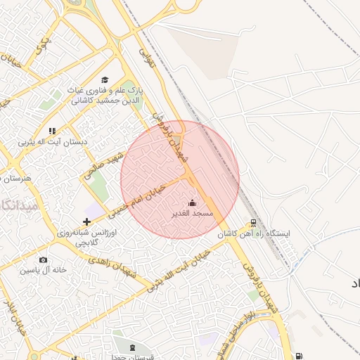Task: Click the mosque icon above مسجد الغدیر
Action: coord(193,203)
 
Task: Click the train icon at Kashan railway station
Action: coord(253,224)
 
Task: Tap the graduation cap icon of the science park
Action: coord(105,80)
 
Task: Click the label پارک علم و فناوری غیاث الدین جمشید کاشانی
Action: coord(105,96)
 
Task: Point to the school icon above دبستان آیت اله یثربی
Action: coord(52,130)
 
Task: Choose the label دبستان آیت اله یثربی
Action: coord(53,141)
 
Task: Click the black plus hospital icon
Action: coord(86,221)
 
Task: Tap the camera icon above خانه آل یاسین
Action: coord(43,260)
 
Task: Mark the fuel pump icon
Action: coord(300,356)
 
